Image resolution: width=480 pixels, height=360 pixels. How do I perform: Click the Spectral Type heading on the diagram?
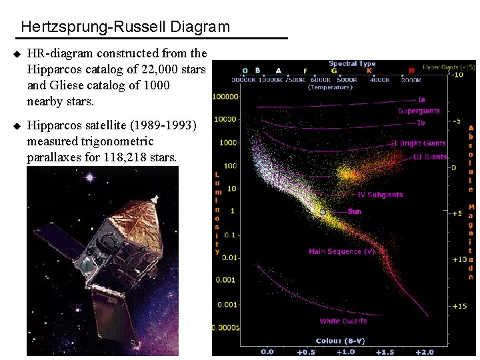[x=352, y=63]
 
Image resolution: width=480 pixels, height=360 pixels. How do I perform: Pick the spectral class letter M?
[x=411, y=71]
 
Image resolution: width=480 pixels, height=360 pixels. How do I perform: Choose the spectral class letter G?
[x=333, y=71]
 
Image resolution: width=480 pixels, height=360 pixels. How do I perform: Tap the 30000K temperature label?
[x=244, y=80]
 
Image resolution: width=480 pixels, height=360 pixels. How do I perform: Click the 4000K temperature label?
[x=380, y=80]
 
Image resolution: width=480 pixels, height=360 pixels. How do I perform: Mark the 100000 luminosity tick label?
[x=226, y=96]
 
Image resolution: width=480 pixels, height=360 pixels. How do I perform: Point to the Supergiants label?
[x=419, y=111]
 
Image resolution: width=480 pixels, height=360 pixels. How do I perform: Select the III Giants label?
[x=430, y=157]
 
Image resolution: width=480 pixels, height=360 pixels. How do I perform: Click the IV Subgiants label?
[x=380, y=195]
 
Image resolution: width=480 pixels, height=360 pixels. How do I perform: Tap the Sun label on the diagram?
[x=355, y=211]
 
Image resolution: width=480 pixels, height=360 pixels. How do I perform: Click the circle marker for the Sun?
[x=323, y=212]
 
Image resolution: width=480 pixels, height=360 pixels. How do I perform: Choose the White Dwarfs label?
[x=343, y=321]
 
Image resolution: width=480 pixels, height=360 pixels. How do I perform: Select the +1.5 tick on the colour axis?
[x=385, y=351]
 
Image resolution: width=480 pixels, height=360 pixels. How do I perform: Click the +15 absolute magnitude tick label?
[x=459, y=306]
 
